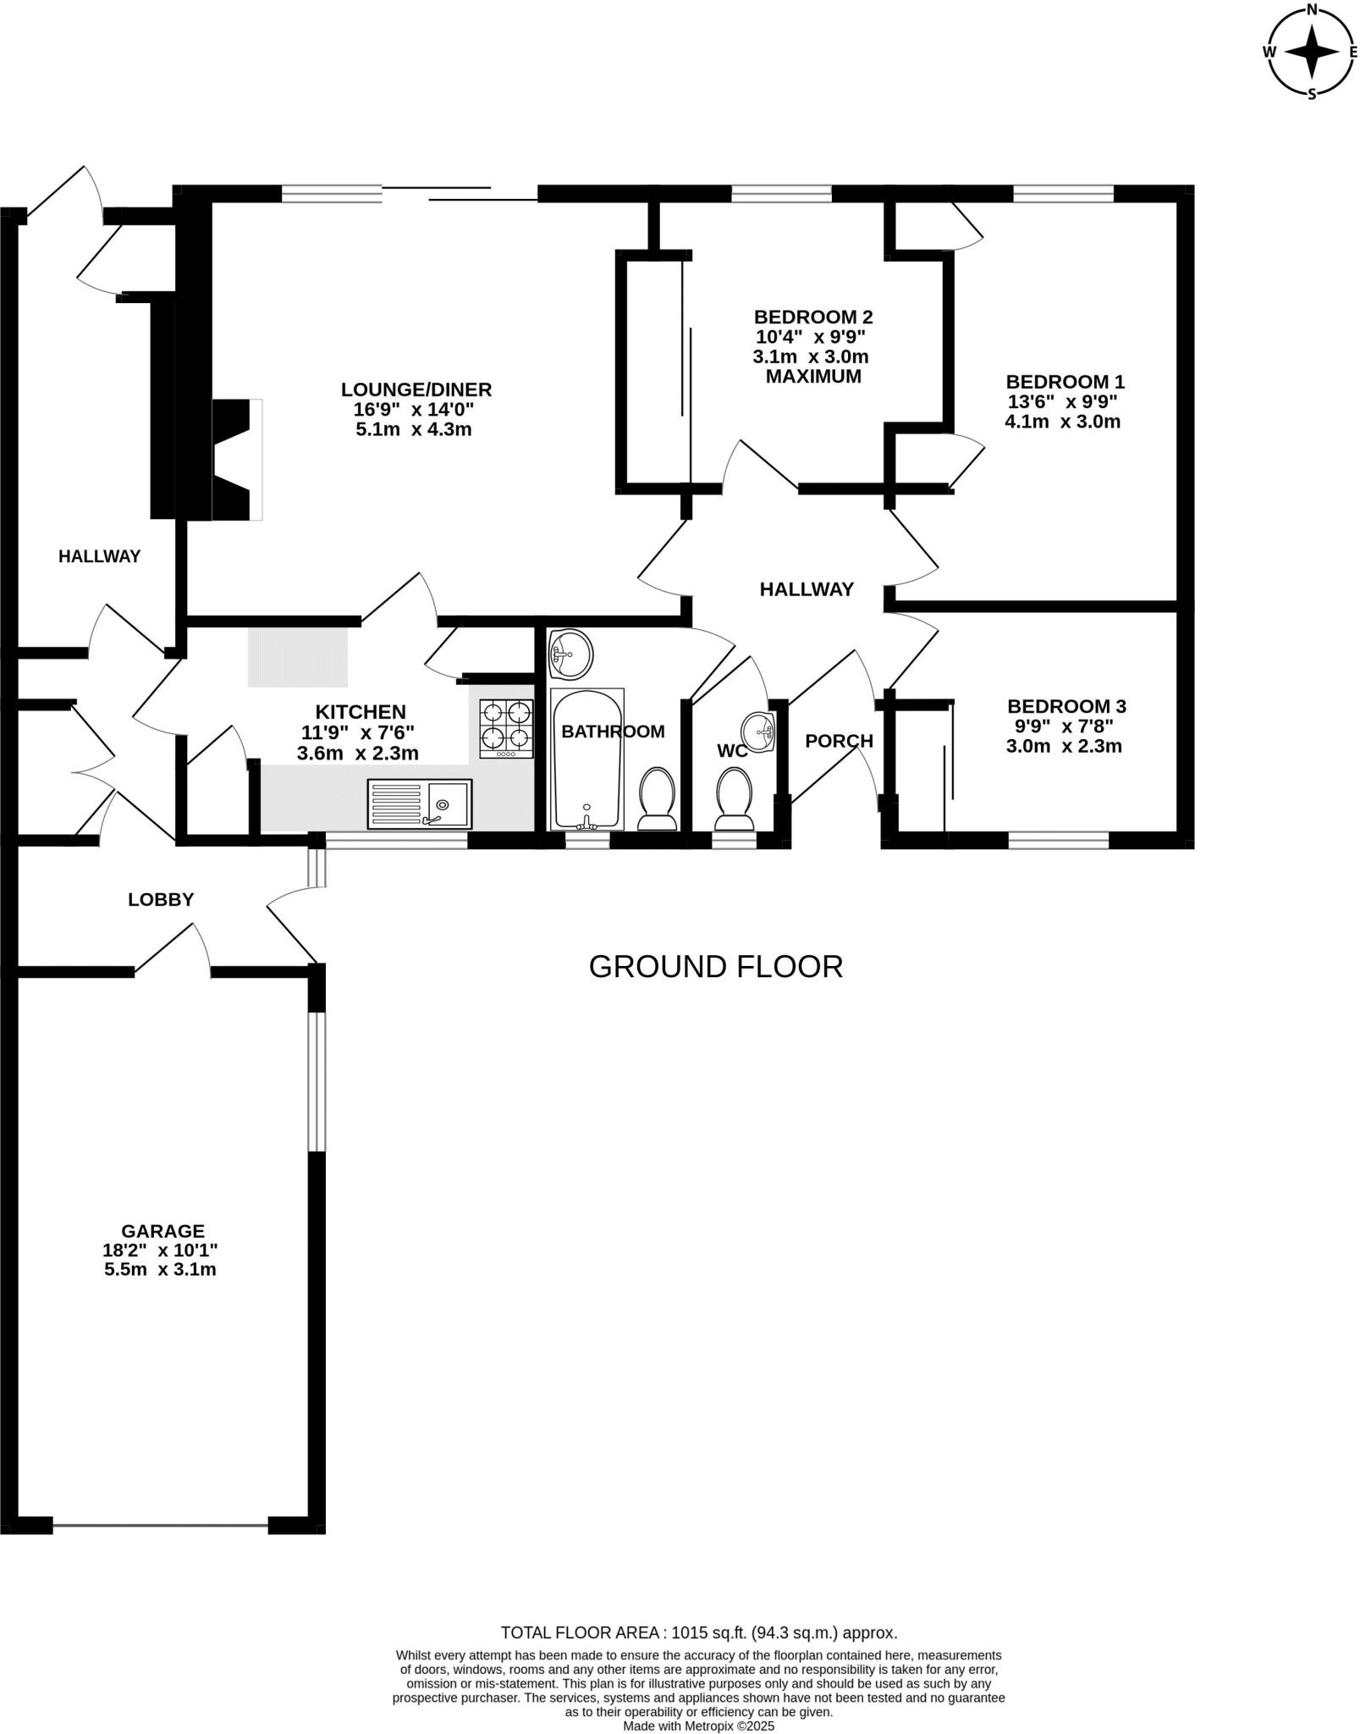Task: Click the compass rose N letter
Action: (x=1312, y=10)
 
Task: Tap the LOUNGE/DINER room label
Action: (x=416, y=389)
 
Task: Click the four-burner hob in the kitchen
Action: (x=506, y=728)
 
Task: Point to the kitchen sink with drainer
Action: (x=420, y=803)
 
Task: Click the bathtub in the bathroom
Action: (x=587, y=759)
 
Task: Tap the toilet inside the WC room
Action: (x=734, y=800)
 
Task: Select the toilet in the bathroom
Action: (x=657, y=799)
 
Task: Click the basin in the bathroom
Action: (x=570, y=654)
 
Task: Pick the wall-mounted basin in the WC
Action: (x=759, y=731)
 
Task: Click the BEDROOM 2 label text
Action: (x=812, y=317)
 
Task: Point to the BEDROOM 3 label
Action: (x=1065, y=706)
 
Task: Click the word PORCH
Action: (x=839, y=741)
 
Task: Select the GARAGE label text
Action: (x=162, y=1231)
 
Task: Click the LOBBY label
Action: (x=161, y=900)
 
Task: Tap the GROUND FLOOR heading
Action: (x=715, y=967)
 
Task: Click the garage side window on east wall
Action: (x=317, y=1081)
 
